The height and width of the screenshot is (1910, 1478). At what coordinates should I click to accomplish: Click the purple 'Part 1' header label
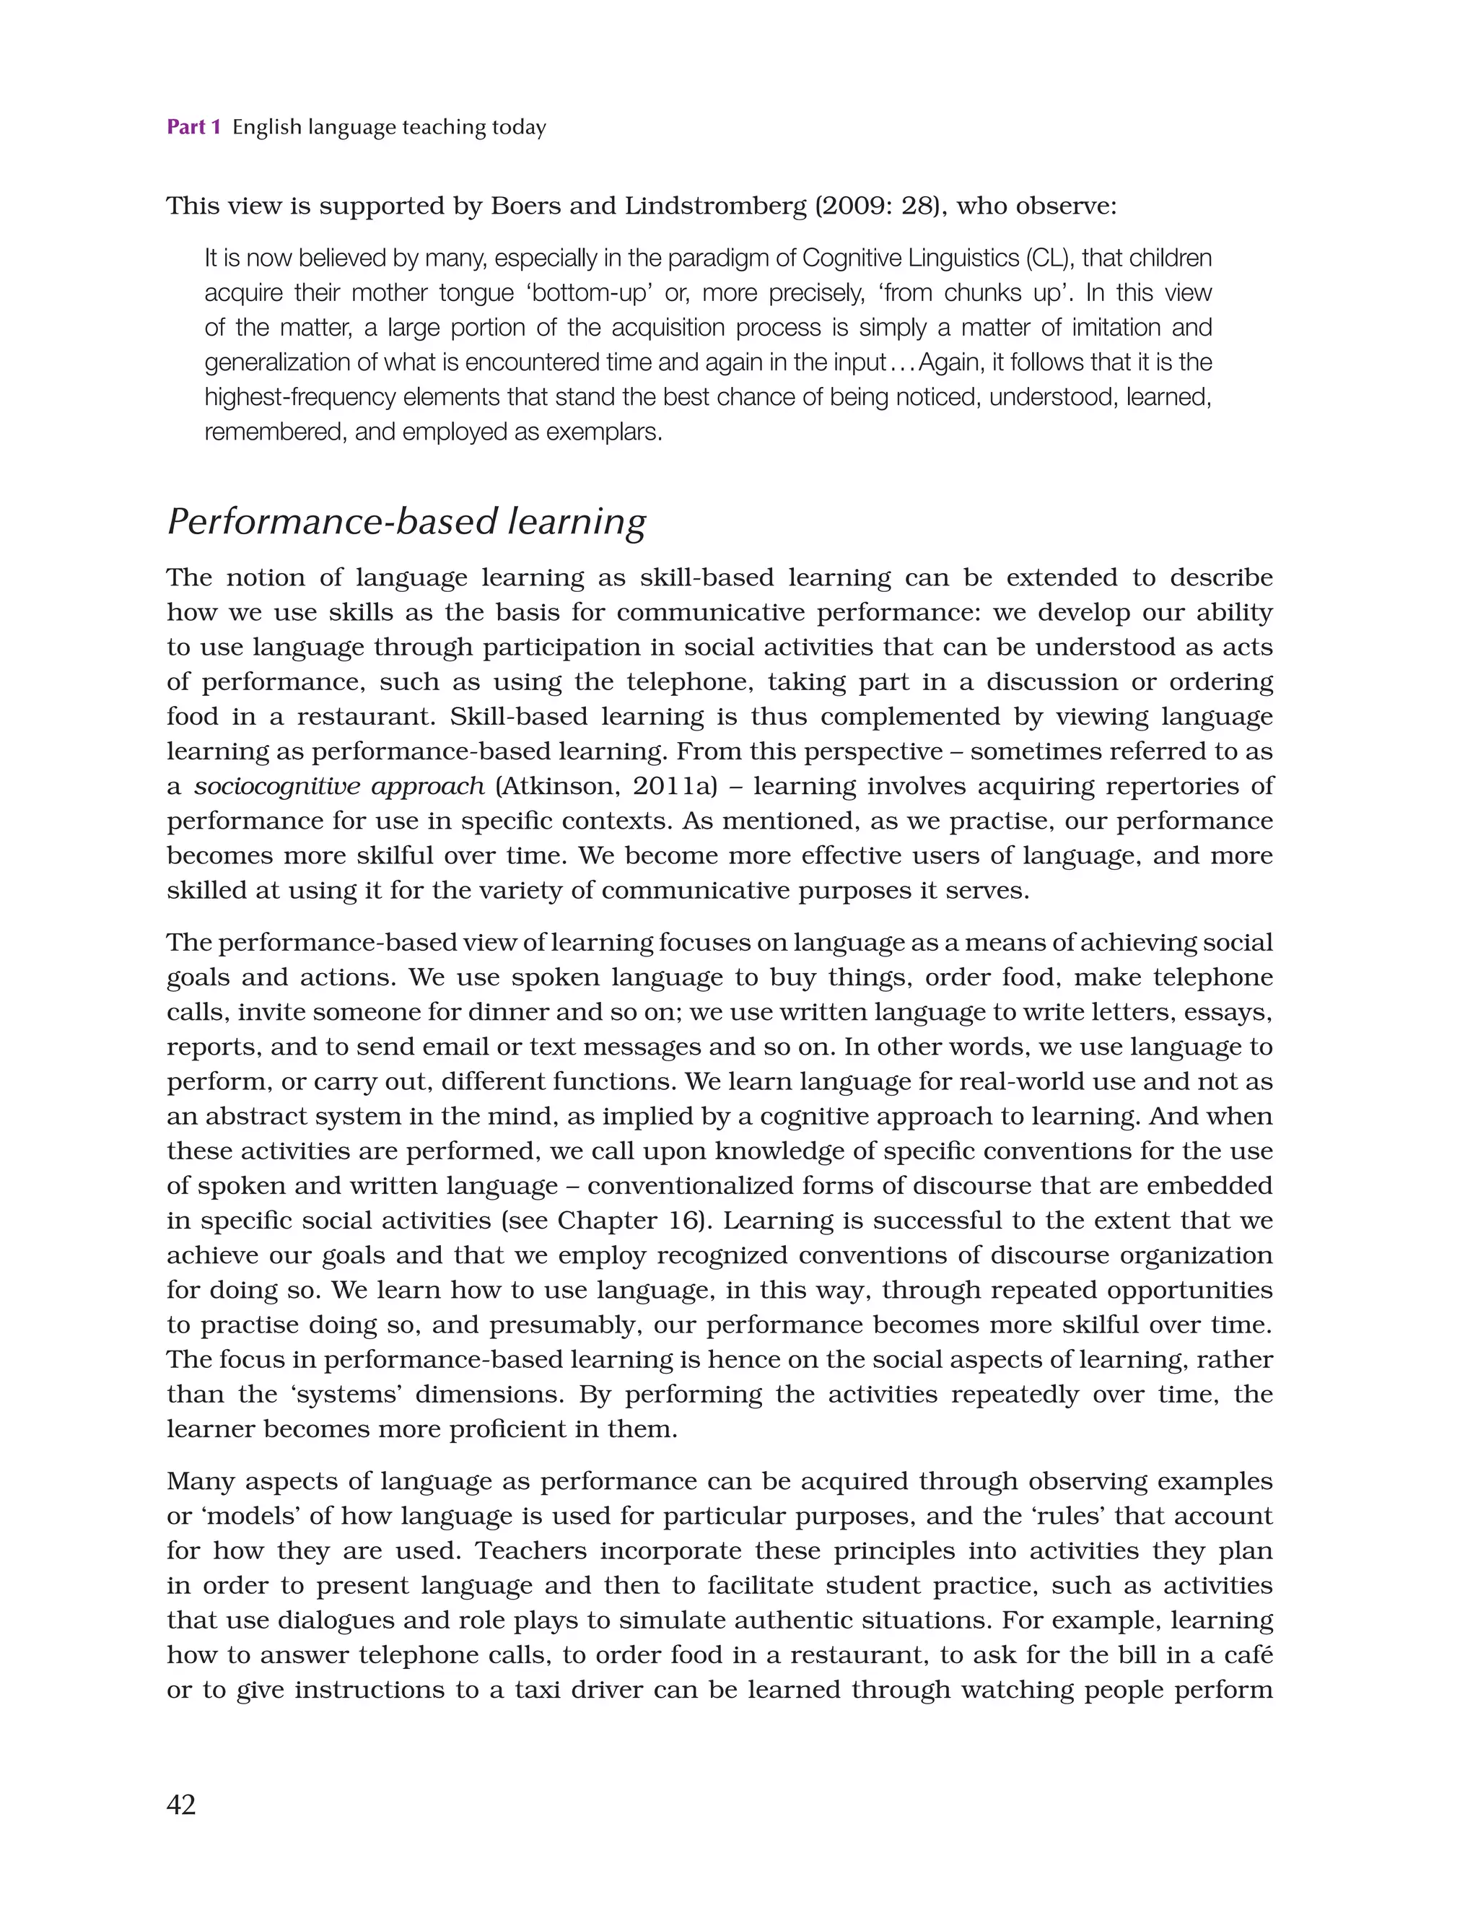pos(193,128)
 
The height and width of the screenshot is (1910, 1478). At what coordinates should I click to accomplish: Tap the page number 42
pos(181,1805)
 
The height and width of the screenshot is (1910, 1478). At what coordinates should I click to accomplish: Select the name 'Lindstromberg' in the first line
pos(715,206)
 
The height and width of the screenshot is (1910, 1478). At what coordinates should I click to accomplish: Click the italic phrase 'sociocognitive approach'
pos(339,786)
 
